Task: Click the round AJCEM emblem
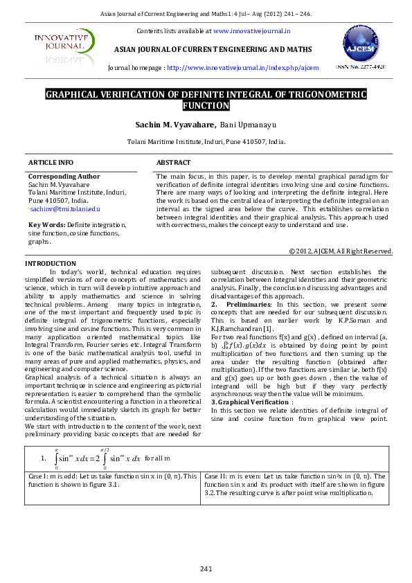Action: click(x=360, y=45)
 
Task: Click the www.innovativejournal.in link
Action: click(x=252, y=31)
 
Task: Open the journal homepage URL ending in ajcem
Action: click(x=243, y=69)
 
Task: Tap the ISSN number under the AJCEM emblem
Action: click(x=361, y=67)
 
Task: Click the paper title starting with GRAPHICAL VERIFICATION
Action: click(x=206, y=100)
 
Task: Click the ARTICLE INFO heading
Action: click(x=51, y=162)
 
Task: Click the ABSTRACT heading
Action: click(x=173, y=162)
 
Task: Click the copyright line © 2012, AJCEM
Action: click(x=341, y=251)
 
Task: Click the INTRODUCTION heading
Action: click(x=51, y=264)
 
